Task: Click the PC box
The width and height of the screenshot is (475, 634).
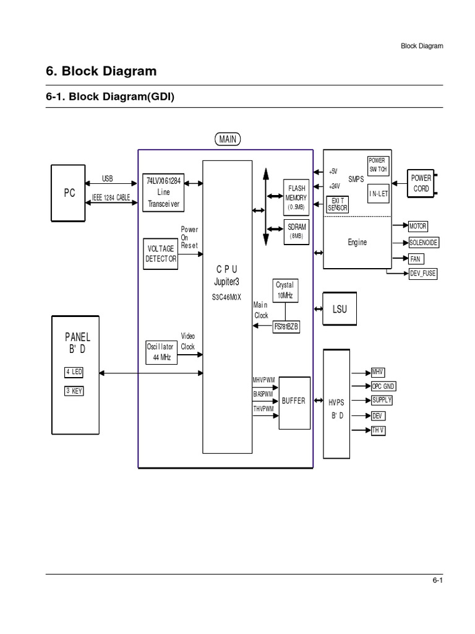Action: (x=69, y=192)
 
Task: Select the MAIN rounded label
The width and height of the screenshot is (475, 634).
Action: (x=228, y=139)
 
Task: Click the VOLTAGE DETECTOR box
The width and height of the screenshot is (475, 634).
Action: (x=160, y=253)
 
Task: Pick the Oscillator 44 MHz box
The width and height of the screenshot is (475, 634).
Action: (x=160, y=352)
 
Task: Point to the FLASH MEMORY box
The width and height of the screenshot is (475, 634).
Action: (x=296, y=193)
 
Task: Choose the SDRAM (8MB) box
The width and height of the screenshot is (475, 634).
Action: (x=296, y=231)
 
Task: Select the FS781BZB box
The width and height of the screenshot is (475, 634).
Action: (x=286, y=328)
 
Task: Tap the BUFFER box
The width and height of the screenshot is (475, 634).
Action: (x=294, y=402)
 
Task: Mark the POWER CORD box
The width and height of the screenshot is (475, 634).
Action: (x=421, y=183)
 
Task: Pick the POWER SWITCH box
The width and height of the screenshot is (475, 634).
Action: (x=377, y=164)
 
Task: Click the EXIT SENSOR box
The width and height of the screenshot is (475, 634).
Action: (x=337, y=204)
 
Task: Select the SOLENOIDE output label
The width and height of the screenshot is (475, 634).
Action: (x=424, y=243)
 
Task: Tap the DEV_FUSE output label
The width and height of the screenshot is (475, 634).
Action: (x=423, y=273)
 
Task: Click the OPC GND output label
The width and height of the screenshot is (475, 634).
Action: (x=383, y=386)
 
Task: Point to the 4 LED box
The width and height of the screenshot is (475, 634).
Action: (x=74, y=372)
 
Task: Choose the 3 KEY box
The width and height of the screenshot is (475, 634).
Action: (x=74, y=391)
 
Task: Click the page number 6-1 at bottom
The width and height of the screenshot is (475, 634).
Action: (x=437, y=580)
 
